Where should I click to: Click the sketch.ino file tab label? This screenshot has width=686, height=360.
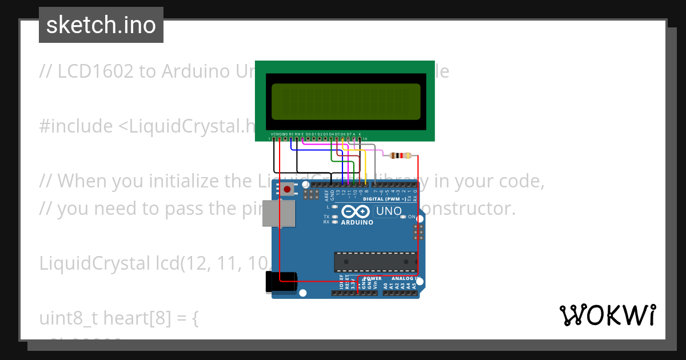click(101, 25)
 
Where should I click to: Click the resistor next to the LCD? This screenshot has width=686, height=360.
click(400, 155)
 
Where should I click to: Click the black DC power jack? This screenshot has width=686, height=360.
click(282, 282)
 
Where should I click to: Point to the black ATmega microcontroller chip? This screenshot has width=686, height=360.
click(376, 261)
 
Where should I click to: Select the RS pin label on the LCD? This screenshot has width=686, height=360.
click(291, 134)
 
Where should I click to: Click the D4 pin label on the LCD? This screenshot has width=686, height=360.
click(331, 134)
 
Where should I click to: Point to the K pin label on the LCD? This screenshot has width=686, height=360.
click(360, 134)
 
